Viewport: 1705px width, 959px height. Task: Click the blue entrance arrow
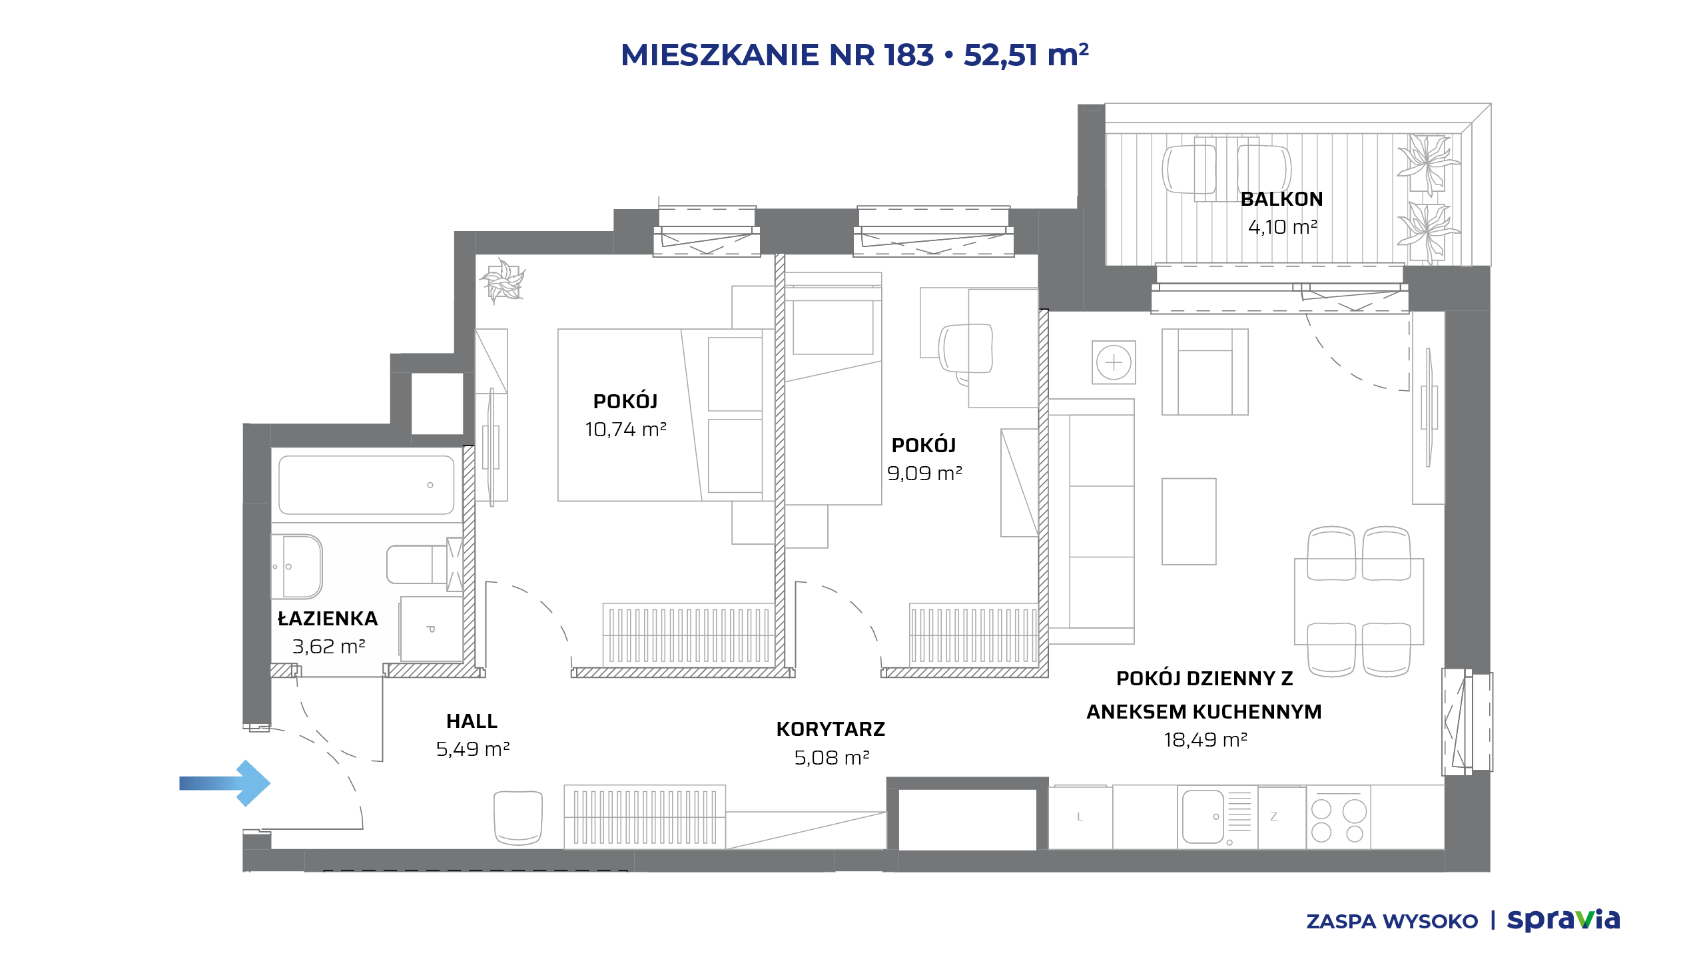225,783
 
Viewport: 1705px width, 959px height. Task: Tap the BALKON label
1281,199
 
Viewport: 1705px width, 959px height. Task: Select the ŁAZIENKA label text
328,618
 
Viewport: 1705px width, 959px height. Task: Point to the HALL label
472,721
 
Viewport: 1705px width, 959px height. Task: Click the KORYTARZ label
831,729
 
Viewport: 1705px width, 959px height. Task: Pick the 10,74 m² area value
625,430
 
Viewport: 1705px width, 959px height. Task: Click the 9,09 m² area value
924,474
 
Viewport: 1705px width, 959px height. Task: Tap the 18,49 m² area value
1205,740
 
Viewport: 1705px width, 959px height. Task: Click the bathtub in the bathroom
366,485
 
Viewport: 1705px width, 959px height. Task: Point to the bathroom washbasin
297,567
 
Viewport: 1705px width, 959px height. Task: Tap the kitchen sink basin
1203,817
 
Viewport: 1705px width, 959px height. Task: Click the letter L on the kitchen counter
1080,817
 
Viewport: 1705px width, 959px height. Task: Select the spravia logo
1563,920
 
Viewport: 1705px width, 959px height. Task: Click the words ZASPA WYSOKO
1392,922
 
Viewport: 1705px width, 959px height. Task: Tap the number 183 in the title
909,55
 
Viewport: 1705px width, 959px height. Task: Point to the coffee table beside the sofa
1189,521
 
